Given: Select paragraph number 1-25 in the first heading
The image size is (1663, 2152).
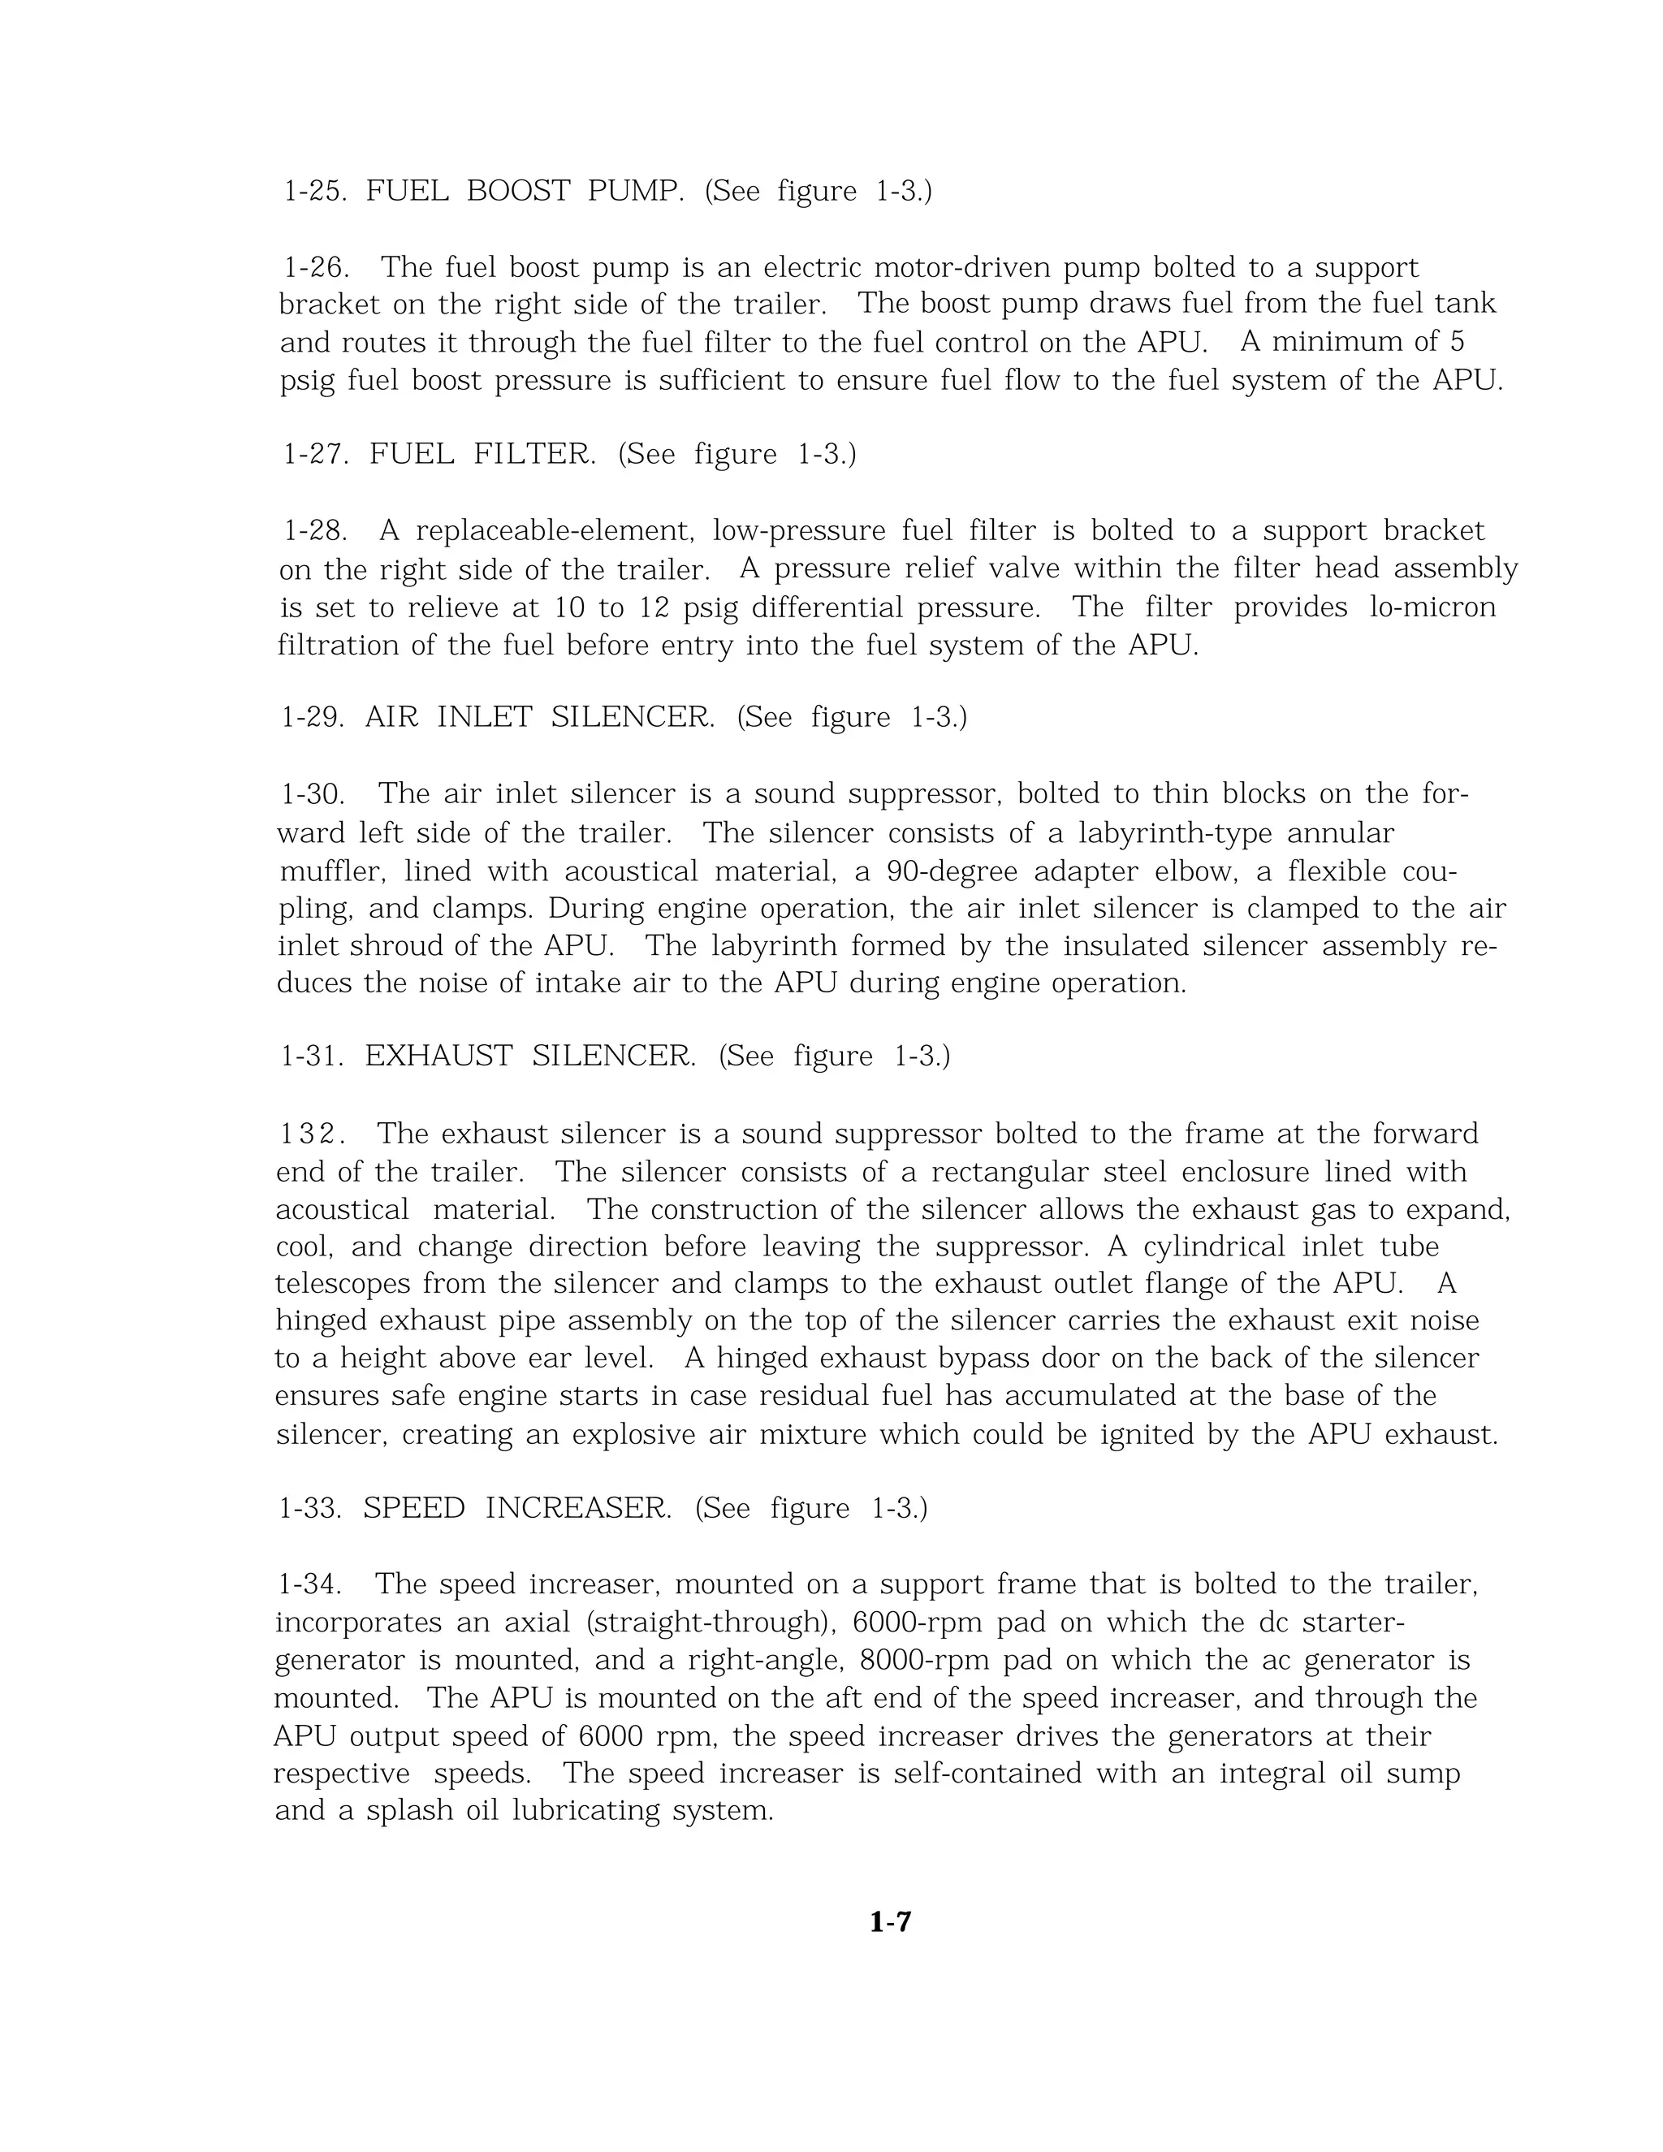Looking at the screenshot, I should point(314,190).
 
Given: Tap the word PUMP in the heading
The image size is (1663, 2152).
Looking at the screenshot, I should point(636,190).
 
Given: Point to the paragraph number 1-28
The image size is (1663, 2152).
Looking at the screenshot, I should point(315,531).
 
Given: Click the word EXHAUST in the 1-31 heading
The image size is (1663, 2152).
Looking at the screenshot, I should point(438,1057).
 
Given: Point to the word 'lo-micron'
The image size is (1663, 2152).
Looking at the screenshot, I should point(1432,607).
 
